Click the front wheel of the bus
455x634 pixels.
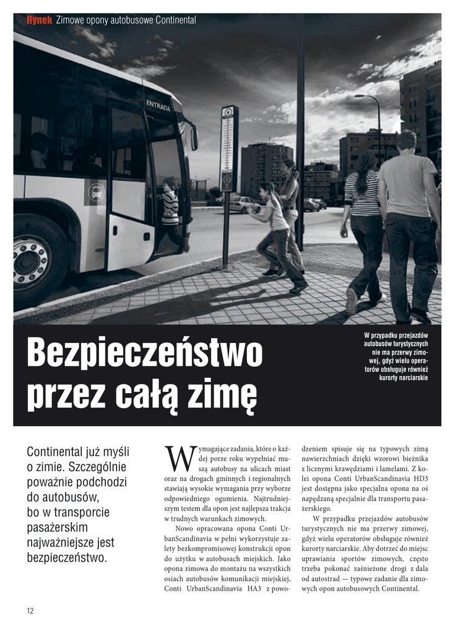tap(33, 260)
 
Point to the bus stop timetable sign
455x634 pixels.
tap(228, 149)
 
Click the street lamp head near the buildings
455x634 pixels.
tap(360, 96)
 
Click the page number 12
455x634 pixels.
tap(30, 611)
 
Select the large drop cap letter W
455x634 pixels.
tap(176, 459)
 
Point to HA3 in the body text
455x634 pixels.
tap(254, 588)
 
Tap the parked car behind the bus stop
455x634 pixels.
tap(245, 205)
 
